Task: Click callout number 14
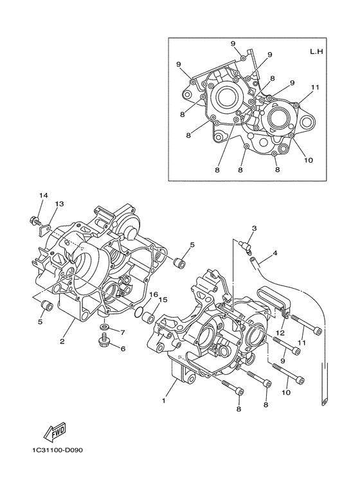click(x=43, y=195)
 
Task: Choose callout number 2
click(x=63, y=341)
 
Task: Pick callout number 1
click(x=164, y=401)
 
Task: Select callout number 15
click(x=163, y=299)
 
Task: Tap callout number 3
click(x=254, y=228)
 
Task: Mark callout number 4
click(x=274, y=253)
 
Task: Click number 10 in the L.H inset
click(x=308, y=160)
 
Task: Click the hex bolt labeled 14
click(x=32, y=222)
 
